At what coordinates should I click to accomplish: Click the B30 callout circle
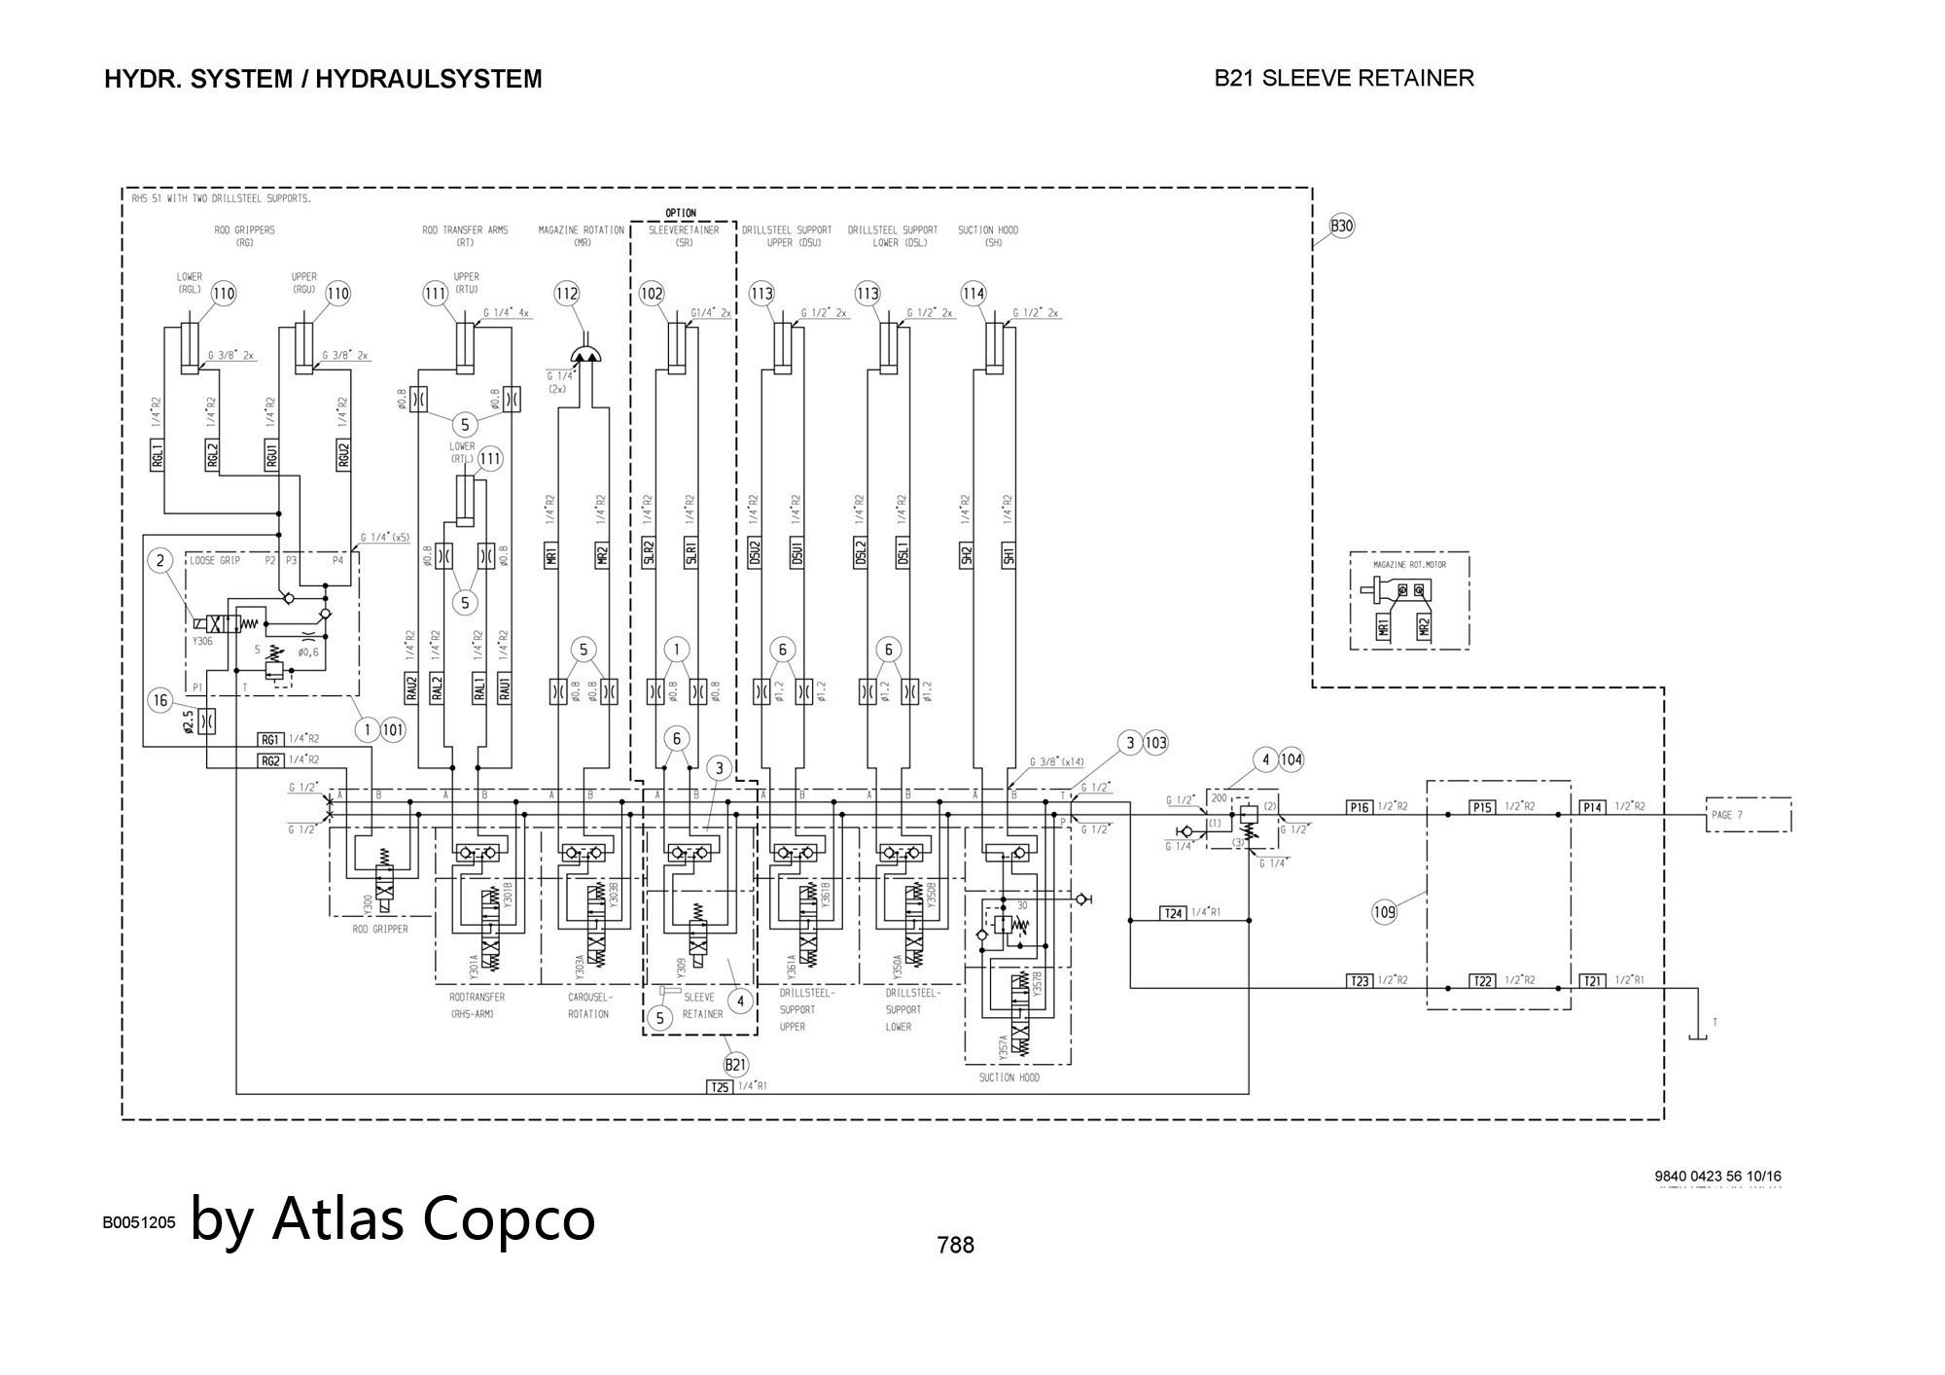pos(1342,227)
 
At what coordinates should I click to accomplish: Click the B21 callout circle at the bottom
pos(736,1064)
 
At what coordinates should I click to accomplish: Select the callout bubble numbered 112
pos(567,294)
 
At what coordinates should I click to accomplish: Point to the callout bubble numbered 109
pos(1384,912)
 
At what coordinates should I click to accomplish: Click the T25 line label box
pos(719,1087)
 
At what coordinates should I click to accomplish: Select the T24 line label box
pos(1174,913)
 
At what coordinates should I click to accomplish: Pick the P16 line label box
pos(1360,807)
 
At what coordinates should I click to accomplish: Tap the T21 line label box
pos(1593,981)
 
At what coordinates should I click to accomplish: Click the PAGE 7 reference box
pos(1748,815)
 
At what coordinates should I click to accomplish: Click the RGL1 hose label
pos(158,454)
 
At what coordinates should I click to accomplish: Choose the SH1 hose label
pos(1008,555)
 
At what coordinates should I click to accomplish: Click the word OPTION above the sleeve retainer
pos(681,213)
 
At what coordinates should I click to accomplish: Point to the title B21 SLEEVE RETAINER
pos(1344,78)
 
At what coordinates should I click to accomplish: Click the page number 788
pos(955,1245)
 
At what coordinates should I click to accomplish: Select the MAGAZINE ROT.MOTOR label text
pos(1409,564)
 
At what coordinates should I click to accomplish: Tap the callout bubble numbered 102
pos(652,294)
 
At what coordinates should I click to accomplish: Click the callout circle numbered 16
pos(160,700)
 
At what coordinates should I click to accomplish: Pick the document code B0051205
pos(139,1222)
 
